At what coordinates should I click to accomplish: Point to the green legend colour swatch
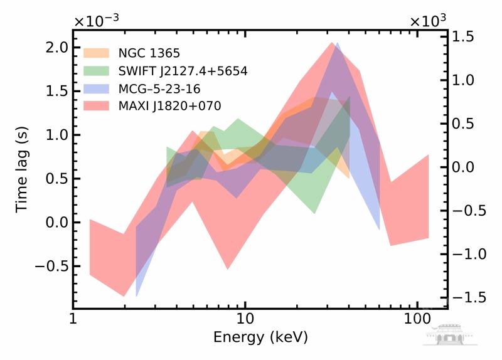click(97, 70)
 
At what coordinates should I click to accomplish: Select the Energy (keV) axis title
click(260, 337)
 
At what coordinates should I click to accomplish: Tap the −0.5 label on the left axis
click(47, 266)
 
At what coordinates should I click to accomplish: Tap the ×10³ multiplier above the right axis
click(428, 21)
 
